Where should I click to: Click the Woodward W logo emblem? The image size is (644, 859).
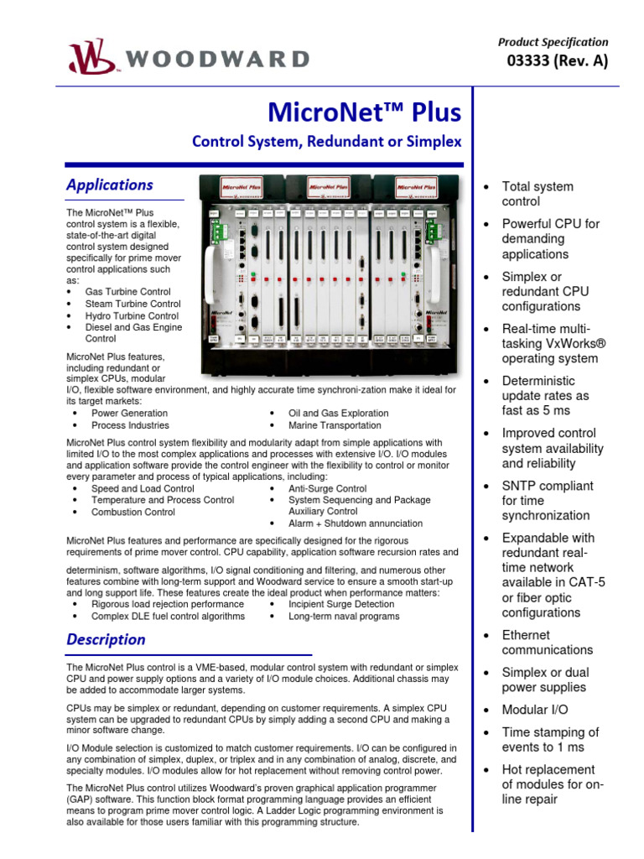pos(87,57)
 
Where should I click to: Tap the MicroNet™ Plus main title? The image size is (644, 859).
pos(364,112)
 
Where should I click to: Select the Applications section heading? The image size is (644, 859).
pos(110,185)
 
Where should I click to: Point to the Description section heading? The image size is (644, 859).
pos(106,639)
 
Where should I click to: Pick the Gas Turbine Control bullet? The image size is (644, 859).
pos(132,292)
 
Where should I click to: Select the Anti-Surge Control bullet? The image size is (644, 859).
pos(327,488)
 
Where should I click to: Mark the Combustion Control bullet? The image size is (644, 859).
pos(133,512)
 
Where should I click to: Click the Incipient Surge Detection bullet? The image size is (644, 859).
pos(341,604)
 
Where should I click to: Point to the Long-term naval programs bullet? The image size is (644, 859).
pos(344,616)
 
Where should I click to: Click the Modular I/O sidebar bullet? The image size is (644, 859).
pos(535,710)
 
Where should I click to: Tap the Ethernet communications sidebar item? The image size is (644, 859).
pos(547,643)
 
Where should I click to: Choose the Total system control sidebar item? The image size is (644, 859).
pos(537,194)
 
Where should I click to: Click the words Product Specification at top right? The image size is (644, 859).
pos(553,42)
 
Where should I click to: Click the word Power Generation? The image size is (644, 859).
pos(129,413)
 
